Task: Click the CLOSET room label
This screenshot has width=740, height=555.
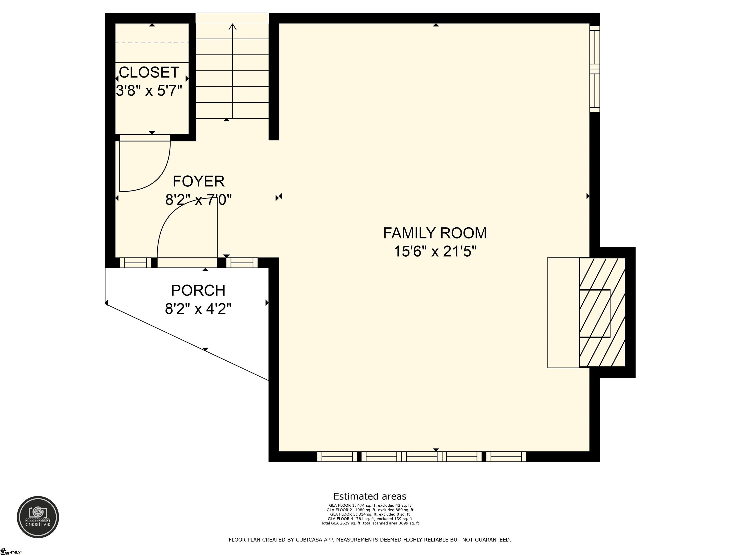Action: [x=149, y=72]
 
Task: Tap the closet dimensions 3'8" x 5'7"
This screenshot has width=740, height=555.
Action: [x=149, y=90]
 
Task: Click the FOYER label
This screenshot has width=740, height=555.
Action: [x=198, y=181]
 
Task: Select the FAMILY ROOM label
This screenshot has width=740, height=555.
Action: [x=435, y=233]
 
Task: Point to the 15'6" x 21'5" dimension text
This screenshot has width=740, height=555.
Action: [x=435, y=251]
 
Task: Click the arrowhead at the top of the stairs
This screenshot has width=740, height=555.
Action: [x=232, y=27]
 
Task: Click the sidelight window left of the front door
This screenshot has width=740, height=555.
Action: [x=135, y=263]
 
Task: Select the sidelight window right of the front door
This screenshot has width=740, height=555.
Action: [x=242, y=263]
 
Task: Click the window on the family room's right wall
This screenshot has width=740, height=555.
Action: [x=595, y=69]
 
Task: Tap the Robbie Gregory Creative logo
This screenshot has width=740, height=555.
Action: [x=38, y=517]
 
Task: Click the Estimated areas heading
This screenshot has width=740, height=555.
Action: [x=370, y=496]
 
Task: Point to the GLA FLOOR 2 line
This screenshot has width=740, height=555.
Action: [x=370, y=510]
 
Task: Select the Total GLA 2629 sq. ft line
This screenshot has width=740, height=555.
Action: [x=370, y=523]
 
